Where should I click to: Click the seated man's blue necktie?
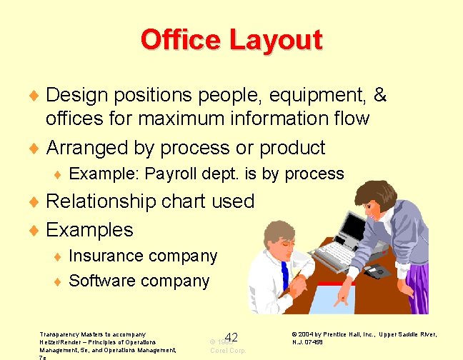(284, 275)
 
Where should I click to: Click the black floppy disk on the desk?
(375, 271)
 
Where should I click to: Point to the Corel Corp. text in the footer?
(227, 351)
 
